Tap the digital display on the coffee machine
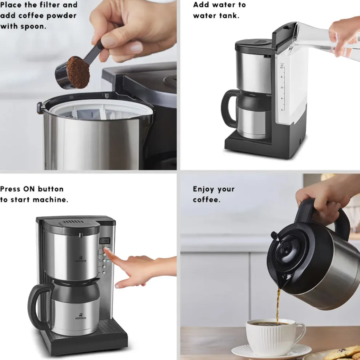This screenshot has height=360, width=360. pos(105,241)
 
